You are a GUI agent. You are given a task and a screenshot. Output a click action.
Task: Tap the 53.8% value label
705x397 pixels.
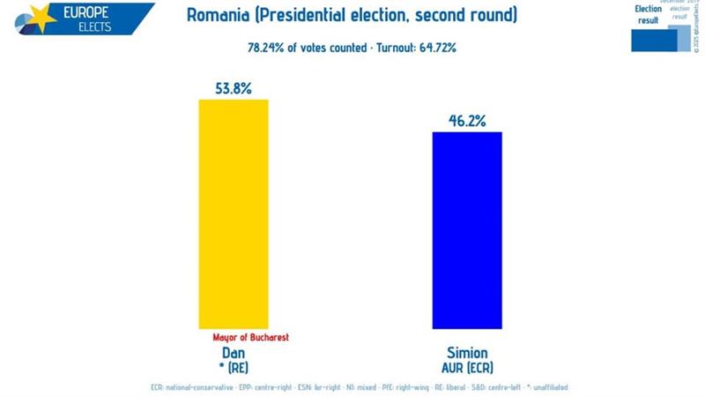[234, 88]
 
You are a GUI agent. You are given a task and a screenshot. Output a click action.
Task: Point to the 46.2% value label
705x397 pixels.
[467, 121]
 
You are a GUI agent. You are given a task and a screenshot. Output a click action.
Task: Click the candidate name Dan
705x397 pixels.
[234, 350]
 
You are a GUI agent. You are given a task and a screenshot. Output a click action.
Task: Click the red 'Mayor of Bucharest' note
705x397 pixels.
[251, 337]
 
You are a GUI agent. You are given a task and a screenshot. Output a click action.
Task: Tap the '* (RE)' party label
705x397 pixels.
[234, 363]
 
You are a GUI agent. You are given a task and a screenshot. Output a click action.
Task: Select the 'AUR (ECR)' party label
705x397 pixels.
[467, 363]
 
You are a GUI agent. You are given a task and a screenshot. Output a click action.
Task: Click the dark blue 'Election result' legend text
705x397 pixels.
[649, 14]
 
